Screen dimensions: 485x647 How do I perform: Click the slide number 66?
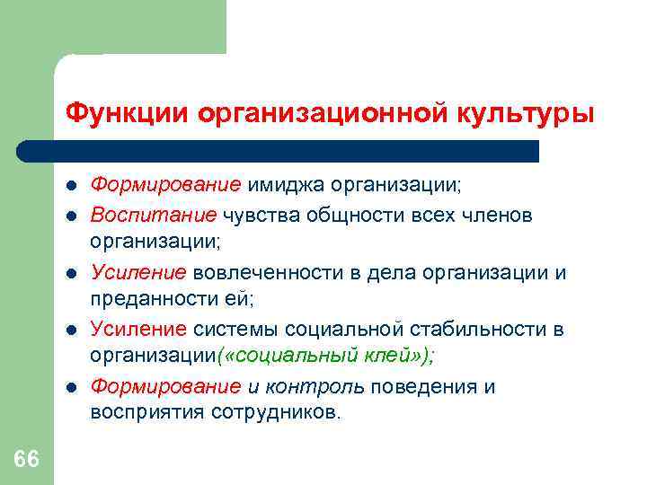click(27, 460)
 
